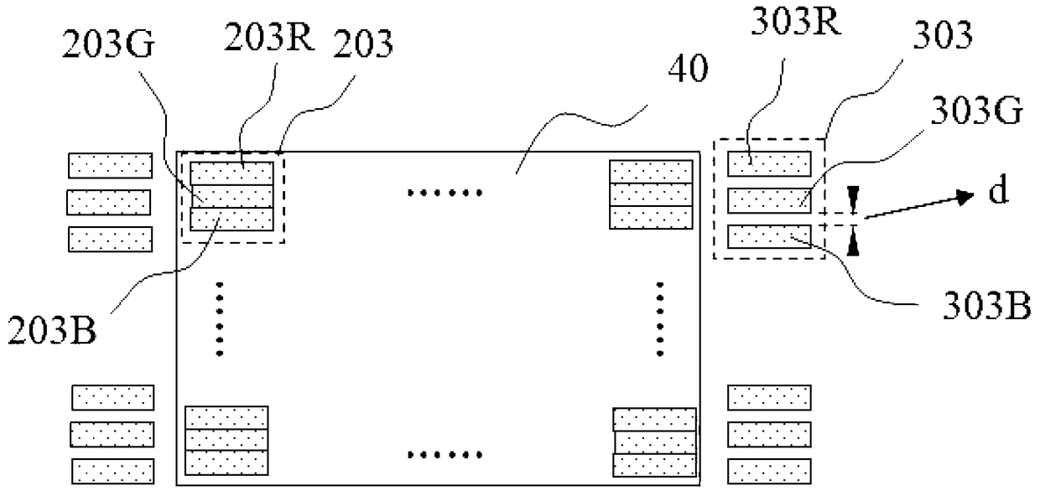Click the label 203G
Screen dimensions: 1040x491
point(108,44)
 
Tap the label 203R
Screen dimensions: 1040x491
point(269,37)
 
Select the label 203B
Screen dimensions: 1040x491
point(52,330)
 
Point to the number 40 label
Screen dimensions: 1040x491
point(688,68)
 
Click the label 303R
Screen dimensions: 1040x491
point(796,21)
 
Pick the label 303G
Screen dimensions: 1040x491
point(977,111)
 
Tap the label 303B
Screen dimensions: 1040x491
point(987,307)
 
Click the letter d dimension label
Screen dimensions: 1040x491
point(998,189)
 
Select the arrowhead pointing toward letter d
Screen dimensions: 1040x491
point(965,198)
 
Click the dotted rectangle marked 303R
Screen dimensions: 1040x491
point(769,163)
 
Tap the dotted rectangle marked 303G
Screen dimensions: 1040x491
point(769,200)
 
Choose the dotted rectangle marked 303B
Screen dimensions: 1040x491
point(769,236)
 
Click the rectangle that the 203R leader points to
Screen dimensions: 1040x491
point(231,173)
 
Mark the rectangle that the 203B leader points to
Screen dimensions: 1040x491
point(231,220)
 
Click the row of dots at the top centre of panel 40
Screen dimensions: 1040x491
point(445,193)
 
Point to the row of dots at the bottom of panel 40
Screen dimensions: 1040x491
point(445,455)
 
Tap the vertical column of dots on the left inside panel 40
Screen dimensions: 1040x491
point(220,319)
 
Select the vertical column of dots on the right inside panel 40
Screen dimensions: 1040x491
point(660,319)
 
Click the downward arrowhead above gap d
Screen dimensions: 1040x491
point(853,199)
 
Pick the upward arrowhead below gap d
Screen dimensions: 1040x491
point(853,241)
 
